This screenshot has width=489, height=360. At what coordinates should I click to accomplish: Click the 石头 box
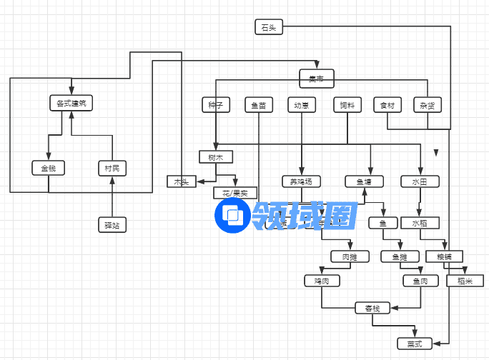coord(269,28)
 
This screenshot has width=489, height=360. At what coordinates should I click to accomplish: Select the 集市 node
coord(316,78)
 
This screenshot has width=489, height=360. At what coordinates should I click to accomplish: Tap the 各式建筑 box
coord(71,104)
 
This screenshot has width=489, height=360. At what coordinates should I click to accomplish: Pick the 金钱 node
coord(48,169)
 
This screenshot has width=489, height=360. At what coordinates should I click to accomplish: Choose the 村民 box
coord(112,169)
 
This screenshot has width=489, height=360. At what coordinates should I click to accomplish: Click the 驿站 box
coord(112,226)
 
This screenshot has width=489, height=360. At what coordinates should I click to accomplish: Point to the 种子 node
coord(216,105)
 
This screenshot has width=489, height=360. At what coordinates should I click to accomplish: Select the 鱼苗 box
coord(259,105)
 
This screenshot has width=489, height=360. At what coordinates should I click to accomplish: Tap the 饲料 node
coord(347,105)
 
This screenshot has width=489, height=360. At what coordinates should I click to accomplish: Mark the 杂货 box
coord(428,105)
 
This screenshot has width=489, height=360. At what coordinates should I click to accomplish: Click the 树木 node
coord(216,157)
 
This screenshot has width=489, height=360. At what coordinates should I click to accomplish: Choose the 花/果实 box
coord(234,194)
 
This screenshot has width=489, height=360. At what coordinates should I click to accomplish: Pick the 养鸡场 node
coord(301,181)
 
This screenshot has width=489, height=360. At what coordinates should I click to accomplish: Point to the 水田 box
coord(420,181)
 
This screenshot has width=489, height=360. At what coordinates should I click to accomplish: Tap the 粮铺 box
coord(444,256)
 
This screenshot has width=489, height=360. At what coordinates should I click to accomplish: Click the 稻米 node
coord(460,281)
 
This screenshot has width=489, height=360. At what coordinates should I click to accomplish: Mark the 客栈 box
coord(372,309)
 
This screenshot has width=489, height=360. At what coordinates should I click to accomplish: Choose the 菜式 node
coord(415,344)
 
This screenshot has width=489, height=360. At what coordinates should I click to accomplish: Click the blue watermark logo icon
coord(232,214)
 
